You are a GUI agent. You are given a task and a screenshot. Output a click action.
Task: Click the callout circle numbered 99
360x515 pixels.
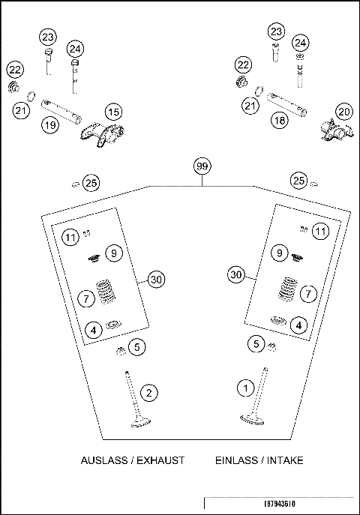pyautogui.click(x=201, y=166)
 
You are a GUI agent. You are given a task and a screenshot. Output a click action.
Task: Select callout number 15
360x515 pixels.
pyautogui.click(x=112, y=112)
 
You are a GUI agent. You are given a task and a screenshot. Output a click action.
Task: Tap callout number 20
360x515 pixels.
pyautogui.click(x=343, y=112)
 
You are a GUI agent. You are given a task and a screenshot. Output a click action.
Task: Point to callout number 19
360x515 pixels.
pyautogui.click(x=49, y=125)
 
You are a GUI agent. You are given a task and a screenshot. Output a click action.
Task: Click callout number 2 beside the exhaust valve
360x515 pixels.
pyautogui.click(x=150, y=392)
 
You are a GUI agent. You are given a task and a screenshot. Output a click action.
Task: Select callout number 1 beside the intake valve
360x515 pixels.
pyautogui.click(x=244, y=388)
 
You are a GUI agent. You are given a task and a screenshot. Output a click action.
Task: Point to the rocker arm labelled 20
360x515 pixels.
pyautogui.click(x=333, y=133)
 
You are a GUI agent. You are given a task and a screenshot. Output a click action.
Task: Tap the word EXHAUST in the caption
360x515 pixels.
pyautogui.click(x=157, y=460)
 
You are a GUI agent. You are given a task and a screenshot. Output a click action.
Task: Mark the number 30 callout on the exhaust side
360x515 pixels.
pyautogui.click(x=154, y=280)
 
